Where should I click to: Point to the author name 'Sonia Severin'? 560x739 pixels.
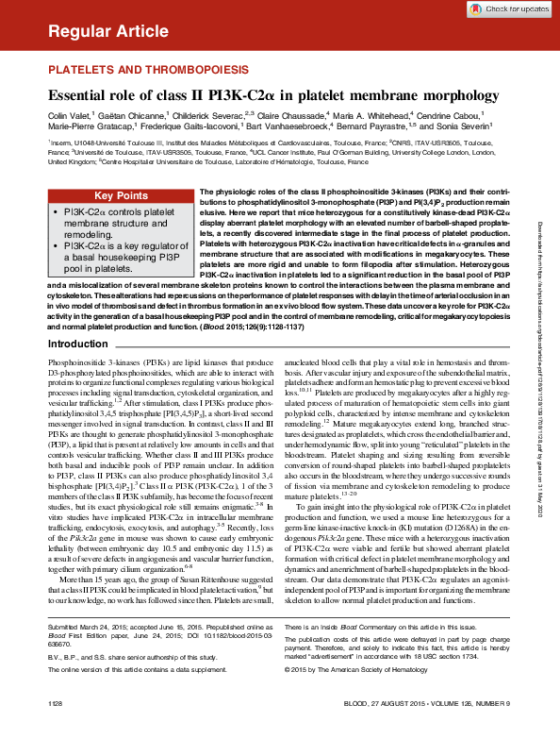pos(466,128)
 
